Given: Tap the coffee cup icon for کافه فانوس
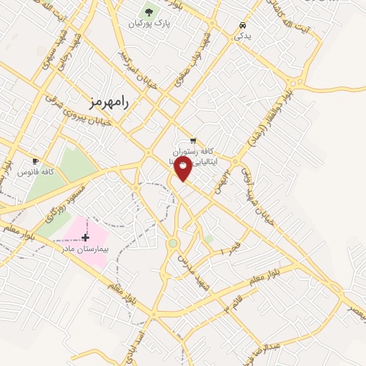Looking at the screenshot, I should pos(36,162).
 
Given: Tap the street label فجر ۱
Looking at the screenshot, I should pos(226,252).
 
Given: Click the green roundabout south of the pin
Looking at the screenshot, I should pos(172,244).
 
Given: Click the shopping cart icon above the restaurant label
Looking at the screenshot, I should pos(192,141).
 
